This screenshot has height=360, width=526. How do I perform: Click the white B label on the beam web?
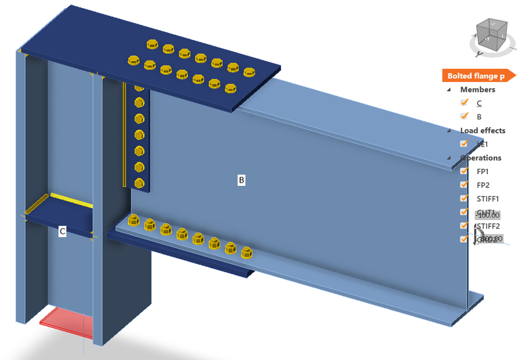(241, 179)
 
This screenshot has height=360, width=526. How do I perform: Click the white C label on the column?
(62, 231)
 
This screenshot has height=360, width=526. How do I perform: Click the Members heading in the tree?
(477, 89)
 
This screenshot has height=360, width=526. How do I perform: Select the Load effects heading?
(483, 130)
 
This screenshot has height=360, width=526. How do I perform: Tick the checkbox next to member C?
(464, 102)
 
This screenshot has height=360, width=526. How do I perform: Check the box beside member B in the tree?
(464, 116)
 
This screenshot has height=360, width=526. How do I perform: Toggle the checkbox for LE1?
(464, 144)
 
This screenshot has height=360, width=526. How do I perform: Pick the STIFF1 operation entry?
(488, 198)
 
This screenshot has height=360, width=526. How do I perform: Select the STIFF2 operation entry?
(488, 226)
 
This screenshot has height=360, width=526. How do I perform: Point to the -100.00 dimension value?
(487, 215)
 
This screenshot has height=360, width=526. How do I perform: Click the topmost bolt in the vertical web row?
(139, 87)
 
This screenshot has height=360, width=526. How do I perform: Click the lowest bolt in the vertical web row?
(139, 183)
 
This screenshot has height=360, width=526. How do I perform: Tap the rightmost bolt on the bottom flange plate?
(247, 252)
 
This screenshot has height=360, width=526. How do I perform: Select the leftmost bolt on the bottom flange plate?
(133, 221)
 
